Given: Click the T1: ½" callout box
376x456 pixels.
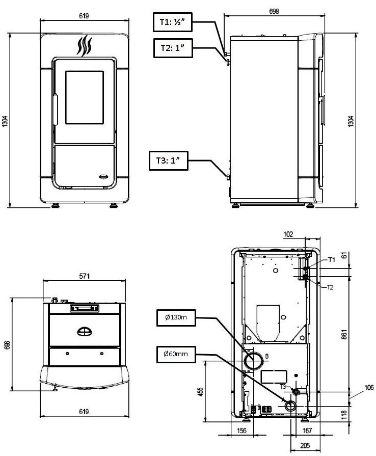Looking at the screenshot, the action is (x=172, y=22).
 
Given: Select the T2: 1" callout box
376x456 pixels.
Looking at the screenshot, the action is (x=173, y=48).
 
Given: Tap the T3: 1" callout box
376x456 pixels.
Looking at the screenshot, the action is (x=168, y=160).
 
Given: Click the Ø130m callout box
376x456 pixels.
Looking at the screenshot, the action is (x=176, y=317).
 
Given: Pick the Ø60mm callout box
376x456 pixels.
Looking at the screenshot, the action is (x=176, y=354).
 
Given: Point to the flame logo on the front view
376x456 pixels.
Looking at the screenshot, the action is (x=85, y=46).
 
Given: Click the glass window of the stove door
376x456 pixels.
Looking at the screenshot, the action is (x=85, y=97).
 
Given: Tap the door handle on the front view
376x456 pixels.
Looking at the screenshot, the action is (x=55, y=110).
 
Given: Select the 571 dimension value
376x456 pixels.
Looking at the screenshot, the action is (x=85, y=276).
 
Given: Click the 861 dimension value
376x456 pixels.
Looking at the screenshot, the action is (x=344, y=334).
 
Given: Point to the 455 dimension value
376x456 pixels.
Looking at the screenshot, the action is (x=200, y=392).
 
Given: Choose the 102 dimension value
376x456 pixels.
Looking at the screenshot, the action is (x=288, y=234).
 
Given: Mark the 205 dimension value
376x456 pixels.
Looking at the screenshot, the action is (x=305, y=445).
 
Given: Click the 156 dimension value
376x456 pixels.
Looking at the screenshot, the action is (x=241, y=431).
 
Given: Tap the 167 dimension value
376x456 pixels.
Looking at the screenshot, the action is (x=307, y=431).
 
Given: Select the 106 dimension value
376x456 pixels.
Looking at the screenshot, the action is (x=369, y=387).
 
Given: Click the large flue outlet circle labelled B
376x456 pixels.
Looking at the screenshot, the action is (x=254, y=361).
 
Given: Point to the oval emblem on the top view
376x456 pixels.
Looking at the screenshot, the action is (x=85, y=332).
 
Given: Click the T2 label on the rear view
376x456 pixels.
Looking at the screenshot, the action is (x=330, y=287).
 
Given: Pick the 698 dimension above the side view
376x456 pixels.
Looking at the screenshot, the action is (x=274, y=11).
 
